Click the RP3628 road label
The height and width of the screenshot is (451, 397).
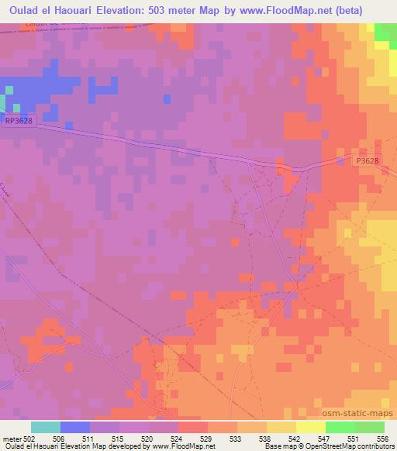19,122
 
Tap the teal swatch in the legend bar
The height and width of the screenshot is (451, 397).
45,427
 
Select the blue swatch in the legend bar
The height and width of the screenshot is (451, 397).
74,427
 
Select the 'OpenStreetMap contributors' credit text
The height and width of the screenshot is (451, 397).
357,447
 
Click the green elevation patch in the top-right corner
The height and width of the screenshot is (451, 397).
385,33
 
